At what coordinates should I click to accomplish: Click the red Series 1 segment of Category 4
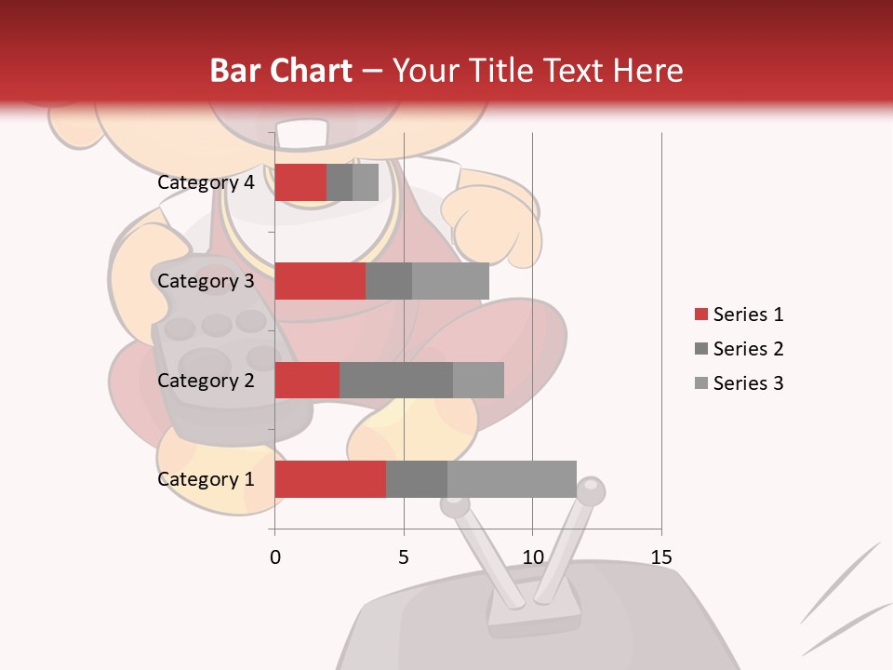[300, 182]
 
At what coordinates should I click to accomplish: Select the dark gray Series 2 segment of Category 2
[396, 380]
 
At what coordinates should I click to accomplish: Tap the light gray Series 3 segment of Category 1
[512, 479]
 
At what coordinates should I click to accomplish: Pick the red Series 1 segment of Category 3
[320, 281]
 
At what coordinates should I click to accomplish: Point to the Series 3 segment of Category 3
[450, 281]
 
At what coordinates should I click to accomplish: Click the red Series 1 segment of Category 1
[330, 479]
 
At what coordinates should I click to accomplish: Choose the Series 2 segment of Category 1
[417, 479]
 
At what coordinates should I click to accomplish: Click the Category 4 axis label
[206, 182]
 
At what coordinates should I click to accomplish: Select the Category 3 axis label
[206, 281]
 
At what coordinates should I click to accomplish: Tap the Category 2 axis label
[206, 380]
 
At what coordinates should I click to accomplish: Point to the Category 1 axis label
[206, 479]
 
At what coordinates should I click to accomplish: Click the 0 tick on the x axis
[274, 557]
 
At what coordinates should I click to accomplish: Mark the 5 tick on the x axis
[404, 557]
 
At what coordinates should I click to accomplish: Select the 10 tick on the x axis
[532, 557]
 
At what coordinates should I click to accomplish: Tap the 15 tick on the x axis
[661, 557]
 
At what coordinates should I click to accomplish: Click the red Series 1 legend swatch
[700, 315]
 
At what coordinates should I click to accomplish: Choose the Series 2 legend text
[748, 349]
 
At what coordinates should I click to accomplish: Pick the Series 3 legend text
[748, 383]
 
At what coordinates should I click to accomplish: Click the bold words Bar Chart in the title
[281, 71]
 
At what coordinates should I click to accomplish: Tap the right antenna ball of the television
[591, 489]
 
